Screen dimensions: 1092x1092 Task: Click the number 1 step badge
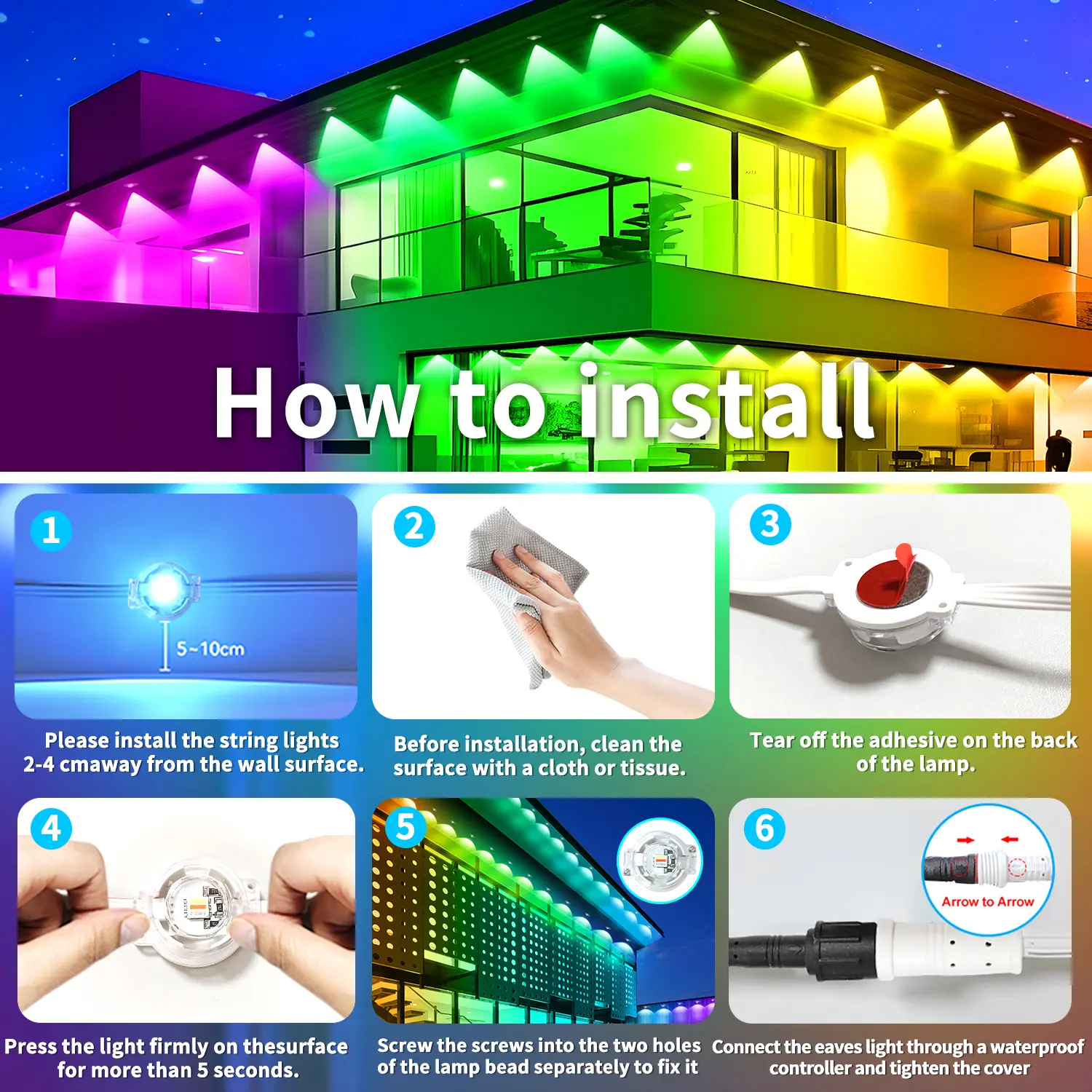(51, 531)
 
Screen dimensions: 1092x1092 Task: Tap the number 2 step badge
(414, 527)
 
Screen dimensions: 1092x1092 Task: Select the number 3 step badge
(770, 524)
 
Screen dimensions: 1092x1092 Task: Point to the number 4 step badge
(51, 828)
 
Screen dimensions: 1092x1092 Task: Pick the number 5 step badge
(405, 827)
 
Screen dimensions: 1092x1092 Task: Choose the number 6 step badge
(764, 828)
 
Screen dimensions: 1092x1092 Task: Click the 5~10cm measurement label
(210, 649)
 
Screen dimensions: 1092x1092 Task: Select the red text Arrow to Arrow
(988, 901)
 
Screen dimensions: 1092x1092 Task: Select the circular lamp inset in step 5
(660, 860)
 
